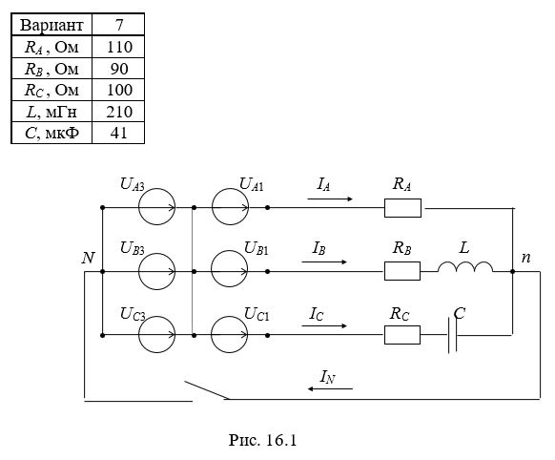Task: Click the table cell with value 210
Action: point(119,112)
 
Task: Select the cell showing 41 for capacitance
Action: point(118,134)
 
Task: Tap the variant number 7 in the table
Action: point(119,25)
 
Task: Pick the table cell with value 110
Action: point(119,47)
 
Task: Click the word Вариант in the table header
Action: point(51,25)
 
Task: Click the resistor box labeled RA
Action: point(402,208)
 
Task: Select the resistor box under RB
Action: point(402,271)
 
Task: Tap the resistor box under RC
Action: point(402,335)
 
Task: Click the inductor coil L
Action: point(465,266)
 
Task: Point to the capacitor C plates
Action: point(452,335)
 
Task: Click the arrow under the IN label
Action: point(330,388)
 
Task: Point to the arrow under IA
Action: point(330,199)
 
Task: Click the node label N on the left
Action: point(88,258)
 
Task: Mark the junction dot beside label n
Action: point(512,272)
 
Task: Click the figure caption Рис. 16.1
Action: point(262,440)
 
